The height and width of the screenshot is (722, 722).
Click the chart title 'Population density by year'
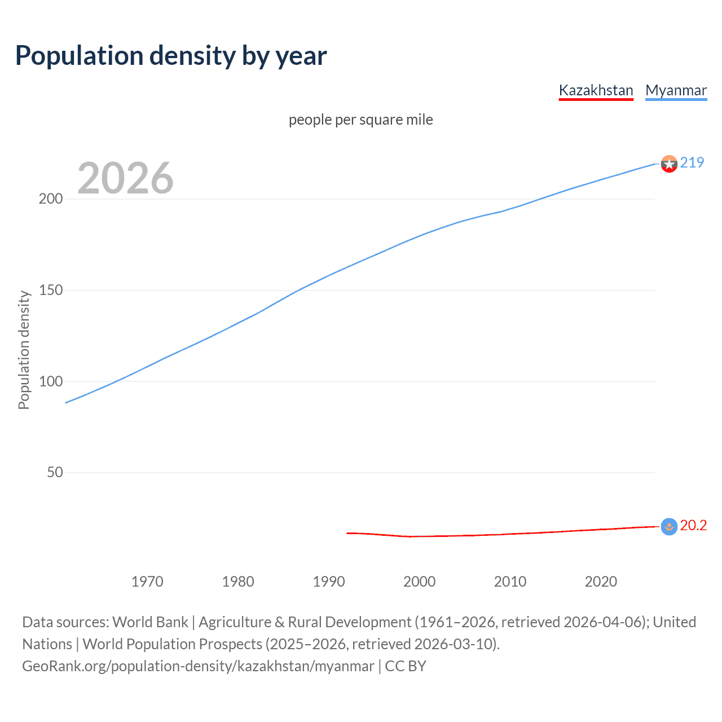[x=171, y=56]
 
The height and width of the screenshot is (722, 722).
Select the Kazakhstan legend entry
[x=596, y=90]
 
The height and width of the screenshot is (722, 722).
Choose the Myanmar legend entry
[x=676, y=90]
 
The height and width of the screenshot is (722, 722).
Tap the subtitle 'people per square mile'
[x=360, y=120]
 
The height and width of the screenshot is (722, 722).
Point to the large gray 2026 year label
[x=125, y=178]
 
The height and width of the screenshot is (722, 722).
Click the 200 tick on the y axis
[x=51, y=199]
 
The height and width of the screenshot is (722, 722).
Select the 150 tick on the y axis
[x=51, y=290]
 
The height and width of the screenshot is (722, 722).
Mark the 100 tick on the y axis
[x=51, y=381]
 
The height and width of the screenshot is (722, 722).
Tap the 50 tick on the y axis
[x=55, y=473]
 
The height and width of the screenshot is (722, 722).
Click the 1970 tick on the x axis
[x=147, y=582]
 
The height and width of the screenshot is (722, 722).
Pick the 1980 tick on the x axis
[x=238, y=582]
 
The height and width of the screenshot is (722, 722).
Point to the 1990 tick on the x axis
[x=329, y=582]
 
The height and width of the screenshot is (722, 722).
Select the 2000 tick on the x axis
[x=419, y=582]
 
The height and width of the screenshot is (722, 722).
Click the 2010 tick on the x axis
[x=510, y=582]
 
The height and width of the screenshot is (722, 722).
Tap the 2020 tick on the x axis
[x=601, y=582]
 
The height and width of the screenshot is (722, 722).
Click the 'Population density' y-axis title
[x=24, y=350]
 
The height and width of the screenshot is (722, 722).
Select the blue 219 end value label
[x=692, y=162]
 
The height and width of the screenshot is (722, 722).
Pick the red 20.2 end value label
[x=693, y=526]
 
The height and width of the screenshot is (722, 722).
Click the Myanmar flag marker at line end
[x=669, y=164]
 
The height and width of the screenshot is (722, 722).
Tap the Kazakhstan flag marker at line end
[x=669, y=527]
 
